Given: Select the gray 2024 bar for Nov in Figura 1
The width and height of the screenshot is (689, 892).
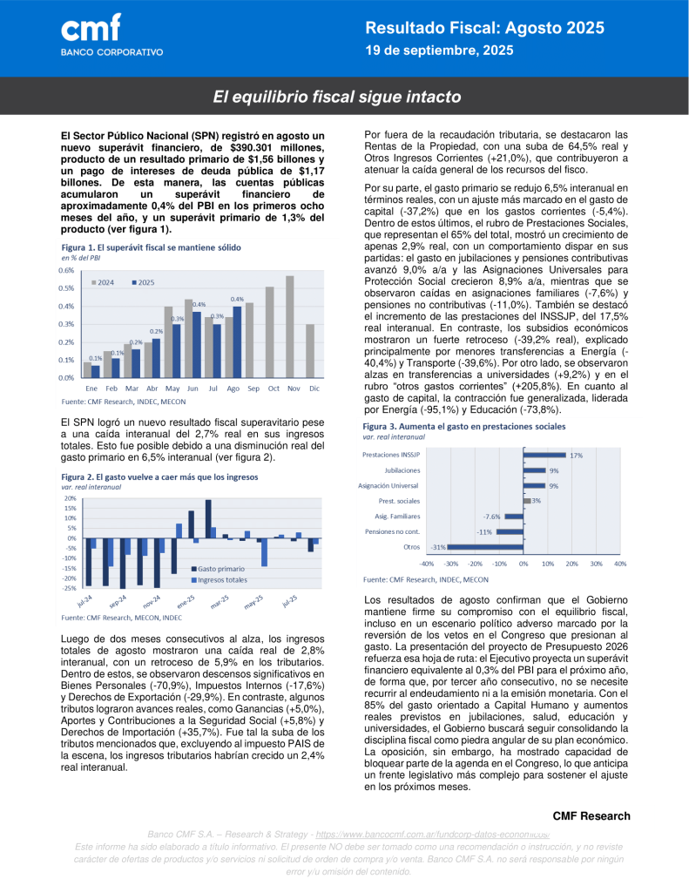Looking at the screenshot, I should pos(290,327).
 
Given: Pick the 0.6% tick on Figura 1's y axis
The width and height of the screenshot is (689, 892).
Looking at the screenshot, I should pos(67,270).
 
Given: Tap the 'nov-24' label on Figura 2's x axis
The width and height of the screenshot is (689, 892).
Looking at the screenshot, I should pos(150,601).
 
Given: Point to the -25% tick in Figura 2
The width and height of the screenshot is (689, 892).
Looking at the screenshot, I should pos(70,588).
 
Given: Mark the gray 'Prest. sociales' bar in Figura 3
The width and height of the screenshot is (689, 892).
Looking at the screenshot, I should pos(526,501).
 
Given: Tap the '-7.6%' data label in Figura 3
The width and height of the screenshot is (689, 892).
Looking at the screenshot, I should pos(491,517).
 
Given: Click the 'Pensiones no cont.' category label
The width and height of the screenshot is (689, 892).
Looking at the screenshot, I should pos(392,531).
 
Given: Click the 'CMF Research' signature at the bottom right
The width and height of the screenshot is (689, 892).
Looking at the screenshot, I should pos(591,816).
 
